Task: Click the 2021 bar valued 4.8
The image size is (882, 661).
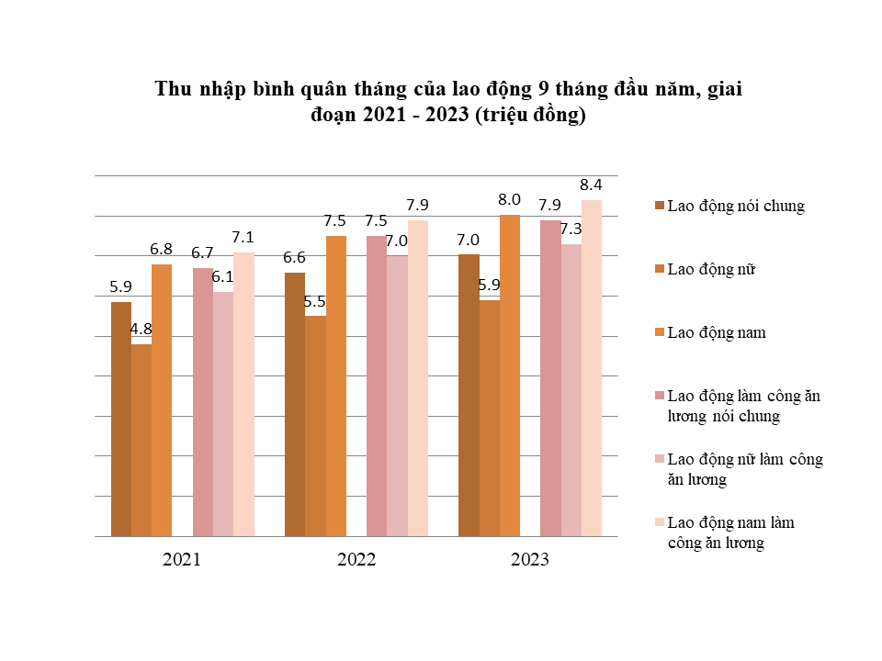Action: tap(141, 440)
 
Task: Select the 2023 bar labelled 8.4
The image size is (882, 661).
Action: tap(592, 367)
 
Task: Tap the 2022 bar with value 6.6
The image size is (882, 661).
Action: tap(295, 404)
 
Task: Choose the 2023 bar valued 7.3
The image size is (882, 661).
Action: tap(571, 389)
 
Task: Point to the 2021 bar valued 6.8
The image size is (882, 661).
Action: tap(162, 399)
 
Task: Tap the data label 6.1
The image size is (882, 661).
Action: tap(223, 276)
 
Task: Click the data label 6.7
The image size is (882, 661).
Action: tap(202, 252)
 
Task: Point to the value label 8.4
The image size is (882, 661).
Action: tap(590, 185)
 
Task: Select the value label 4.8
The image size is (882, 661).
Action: tap(141, 329)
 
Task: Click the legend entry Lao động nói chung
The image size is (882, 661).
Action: tap(735, 206)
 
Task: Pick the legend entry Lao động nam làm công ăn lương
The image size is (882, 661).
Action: tap(730, 532)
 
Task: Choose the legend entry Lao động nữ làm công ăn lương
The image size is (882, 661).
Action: tap(744, 469)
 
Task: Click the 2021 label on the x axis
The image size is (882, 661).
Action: tap(182, 559)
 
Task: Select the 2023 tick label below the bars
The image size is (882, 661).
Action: tap(529, 559)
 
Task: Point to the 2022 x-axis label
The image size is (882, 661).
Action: tap(356, 559)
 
